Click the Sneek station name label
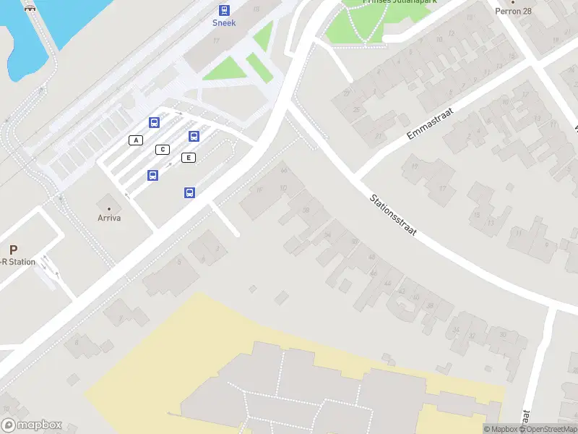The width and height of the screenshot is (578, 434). [224, 23]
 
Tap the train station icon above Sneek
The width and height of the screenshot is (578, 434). [224, 10]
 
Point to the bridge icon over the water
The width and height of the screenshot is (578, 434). [30, 7]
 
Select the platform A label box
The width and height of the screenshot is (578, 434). [135, 140]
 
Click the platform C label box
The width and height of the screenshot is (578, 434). [163, 150]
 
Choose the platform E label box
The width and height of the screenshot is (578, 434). [189, 158]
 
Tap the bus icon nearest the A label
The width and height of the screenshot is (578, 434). [154, 122]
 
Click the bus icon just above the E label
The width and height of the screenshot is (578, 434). [194, 136]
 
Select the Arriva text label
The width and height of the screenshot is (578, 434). [109, 218]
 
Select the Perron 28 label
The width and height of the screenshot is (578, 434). [514, 11]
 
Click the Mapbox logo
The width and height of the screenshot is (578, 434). [31, 425]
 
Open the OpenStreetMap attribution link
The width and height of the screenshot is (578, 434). [550, 429]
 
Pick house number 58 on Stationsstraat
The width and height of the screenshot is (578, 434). [306, 210]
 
